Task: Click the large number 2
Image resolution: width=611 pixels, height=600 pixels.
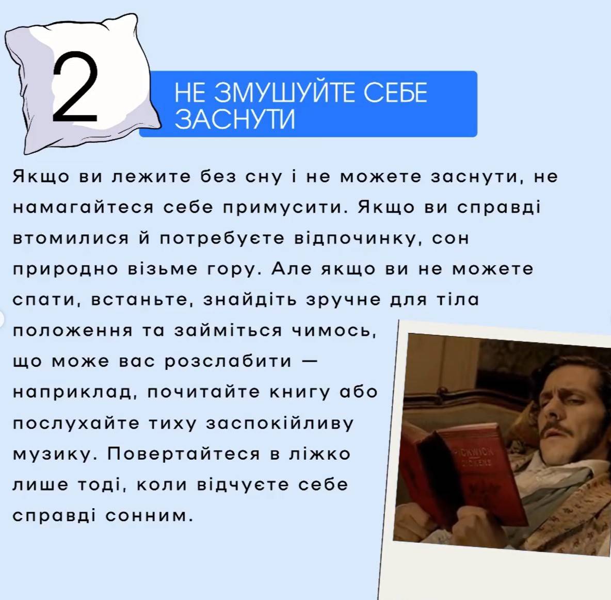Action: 75,87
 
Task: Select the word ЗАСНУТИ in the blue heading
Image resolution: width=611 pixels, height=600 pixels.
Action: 235,118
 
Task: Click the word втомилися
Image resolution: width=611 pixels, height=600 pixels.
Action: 71,238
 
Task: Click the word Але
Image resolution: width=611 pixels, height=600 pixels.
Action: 292,268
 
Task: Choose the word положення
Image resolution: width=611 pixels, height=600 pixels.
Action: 72,331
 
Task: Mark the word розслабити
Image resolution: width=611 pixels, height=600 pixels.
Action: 228,362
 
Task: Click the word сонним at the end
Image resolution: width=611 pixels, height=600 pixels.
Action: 149,516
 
